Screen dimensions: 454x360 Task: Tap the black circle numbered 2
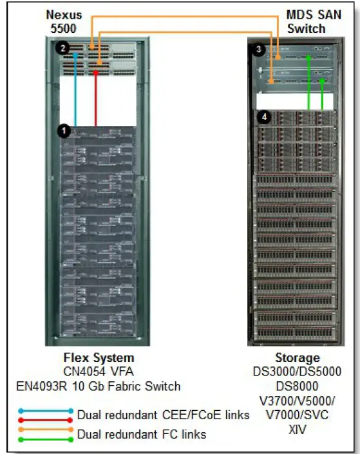pos(62,48)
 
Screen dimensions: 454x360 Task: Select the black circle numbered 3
pos(259,49)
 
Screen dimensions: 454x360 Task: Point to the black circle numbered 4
pos(263,117)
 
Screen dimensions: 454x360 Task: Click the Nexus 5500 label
pos(63,21)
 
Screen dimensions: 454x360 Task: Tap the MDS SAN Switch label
pos(306,21)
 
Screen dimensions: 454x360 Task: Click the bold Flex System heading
pos(99,358)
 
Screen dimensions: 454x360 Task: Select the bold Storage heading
pos(297,358)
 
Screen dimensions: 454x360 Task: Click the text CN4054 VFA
pos(99,372)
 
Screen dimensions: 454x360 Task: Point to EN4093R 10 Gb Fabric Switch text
pos(99,386)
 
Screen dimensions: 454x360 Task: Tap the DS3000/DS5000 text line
pos(297,372)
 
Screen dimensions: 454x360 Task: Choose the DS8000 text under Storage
pos(297,386)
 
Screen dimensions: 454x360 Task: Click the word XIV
pos(297,429)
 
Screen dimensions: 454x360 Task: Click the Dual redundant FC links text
pos(142,435)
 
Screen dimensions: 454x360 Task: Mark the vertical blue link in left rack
pos(76,90)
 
